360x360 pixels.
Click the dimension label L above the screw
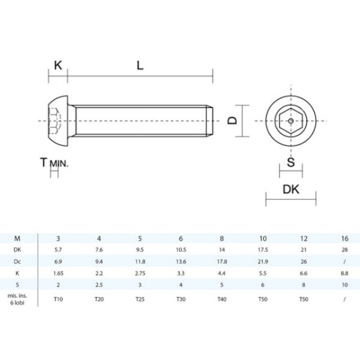coord(140,65)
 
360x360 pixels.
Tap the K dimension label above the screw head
coord(58,65)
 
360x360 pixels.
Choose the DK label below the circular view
coord(291,190)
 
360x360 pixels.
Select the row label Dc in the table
coord(18,262)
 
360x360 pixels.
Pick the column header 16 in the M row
coord(344,238)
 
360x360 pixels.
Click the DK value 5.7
coord(58,250)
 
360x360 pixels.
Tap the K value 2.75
coord(139,273)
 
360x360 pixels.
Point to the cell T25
coord(139,298)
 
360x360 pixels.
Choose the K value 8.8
coord(344,273)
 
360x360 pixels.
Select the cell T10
coord(58,298)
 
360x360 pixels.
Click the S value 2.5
coord(99,284)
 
